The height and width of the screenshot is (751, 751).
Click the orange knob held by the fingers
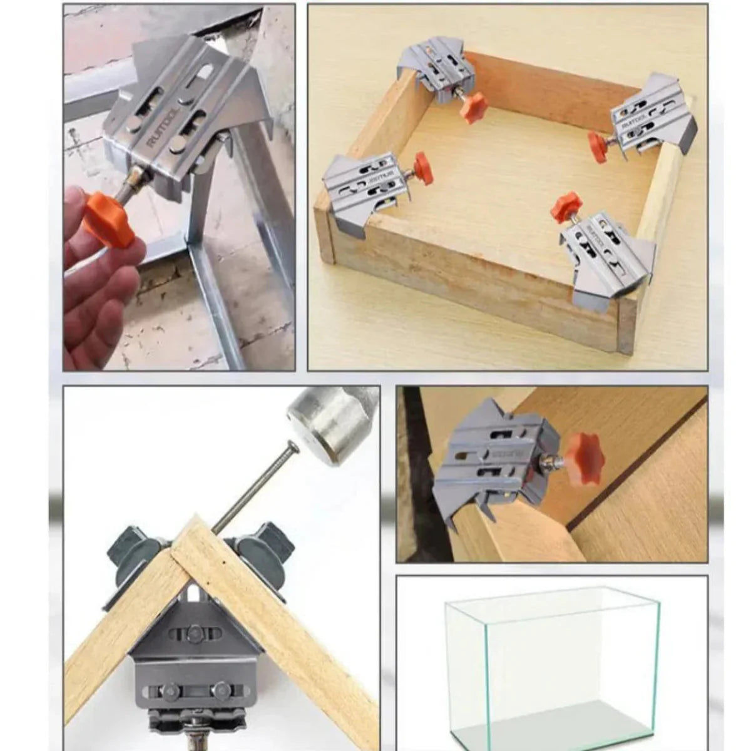pos(110,218)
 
